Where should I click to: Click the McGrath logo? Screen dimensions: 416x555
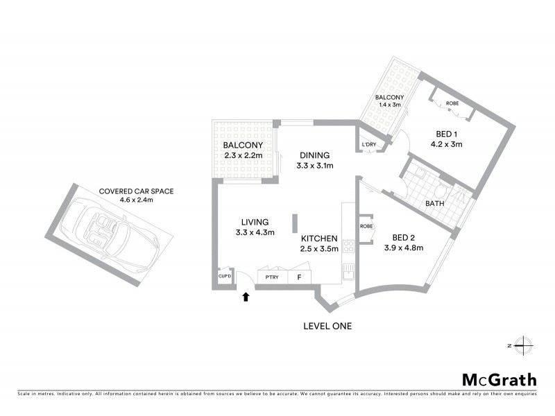[499, 379]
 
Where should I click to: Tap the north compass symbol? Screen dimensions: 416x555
[523, 345]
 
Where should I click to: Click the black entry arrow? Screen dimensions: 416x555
[244, 297]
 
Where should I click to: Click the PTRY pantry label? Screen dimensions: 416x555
[268, 277]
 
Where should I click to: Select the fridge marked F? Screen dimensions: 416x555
[299, 277]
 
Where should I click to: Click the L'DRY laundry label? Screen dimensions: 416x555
[368, 145]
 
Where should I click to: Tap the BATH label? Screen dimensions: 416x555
[435, 204]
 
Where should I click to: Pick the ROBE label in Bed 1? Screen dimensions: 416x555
[452, 103]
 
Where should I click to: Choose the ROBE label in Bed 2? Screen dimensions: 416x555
[366, 227]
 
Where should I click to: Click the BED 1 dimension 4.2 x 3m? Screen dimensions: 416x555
[448, 145]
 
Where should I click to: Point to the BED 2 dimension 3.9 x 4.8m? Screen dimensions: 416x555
[404, 248]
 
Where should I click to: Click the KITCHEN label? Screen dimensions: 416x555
[319, 238]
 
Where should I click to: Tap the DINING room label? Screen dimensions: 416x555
[315, 155]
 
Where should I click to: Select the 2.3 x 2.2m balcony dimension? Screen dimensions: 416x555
[243, 155]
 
